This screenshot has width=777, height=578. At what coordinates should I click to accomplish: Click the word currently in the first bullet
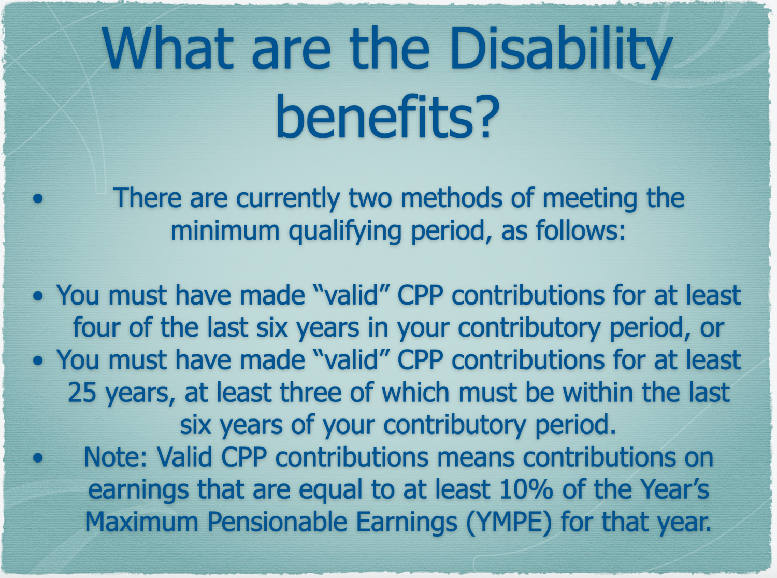point(288,198)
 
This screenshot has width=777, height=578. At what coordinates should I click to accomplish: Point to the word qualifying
point(344,231)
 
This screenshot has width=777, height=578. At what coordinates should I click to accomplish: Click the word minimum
point(225,230)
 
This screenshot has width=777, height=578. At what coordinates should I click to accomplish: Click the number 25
point(82,392)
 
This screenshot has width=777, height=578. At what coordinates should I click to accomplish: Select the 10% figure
point(525,490)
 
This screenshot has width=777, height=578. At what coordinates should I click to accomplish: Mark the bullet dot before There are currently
point(38,199)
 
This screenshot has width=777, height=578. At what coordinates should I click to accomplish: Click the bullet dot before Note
point(38,457)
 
